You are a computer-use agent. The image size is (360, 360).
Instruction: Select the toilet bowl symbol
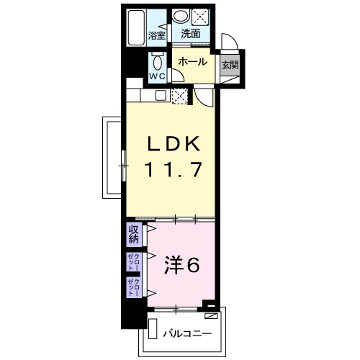(156, 62)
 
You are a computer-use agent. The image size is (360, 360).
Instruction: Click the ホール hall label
(193, 62)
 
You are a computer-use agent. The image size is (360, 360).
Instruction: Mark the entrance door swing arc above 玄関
(229, 42)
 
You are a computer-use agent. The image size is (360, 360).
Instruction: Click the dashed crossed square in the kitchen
(181, 94)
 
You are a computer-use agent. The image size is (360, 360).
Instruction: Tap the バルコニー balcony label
(186, 333)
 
